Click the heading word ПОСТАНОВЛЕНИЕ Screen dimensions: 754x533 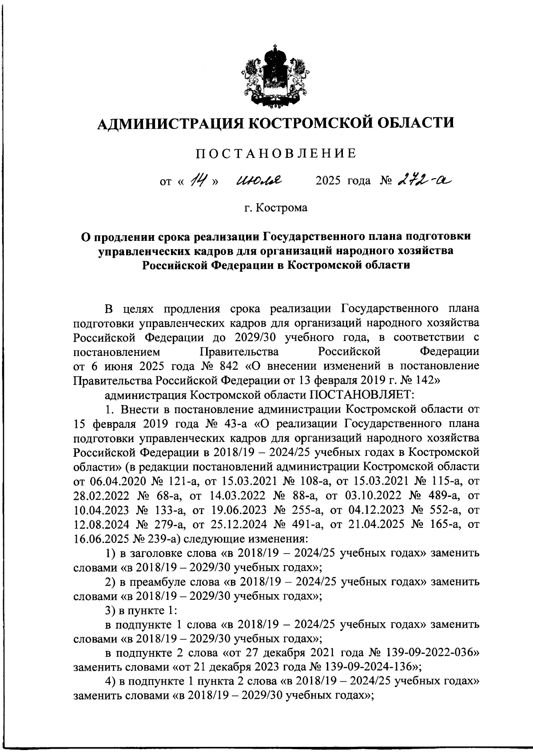(276, 154)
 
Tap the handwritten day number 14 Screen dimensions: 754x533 (196, 180)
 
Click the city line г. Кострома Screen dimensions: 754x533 (276, 207)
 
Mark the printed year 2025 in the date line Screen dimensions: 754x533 (329, 181)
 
